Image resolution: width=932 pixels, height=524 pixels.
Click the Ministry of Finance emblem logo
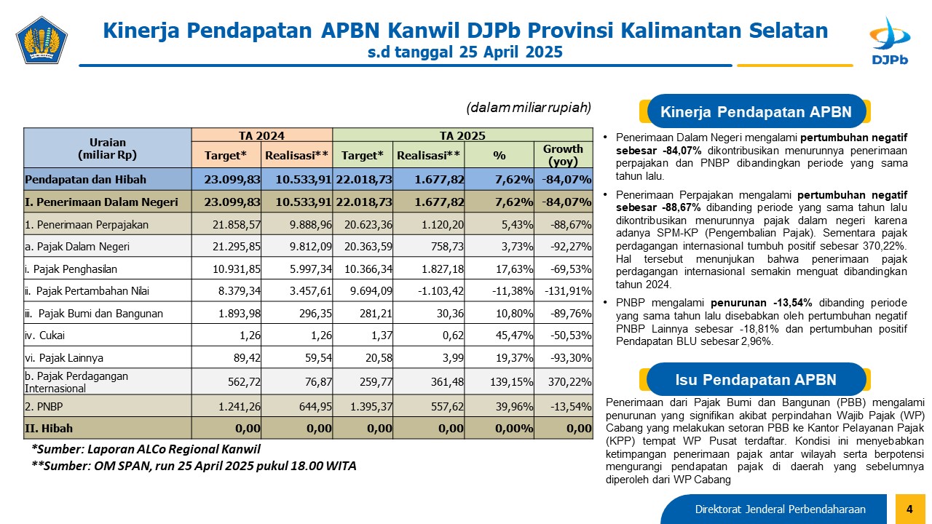pyautogui.click(x=42, y=40)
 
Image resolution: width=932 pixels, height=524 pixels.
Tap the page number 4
pyautogui.click(x=910, y=509)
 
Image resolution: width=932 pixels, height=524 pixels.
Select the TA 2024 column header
pyautogui.click(x=261, y=135)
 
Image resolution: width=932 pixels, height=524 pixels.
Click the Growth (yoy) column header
pyautogui.click(x=563, y=155)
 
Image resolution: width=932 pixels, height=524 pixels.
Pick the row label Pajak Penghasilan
pyautogui.click(x=71, y=269)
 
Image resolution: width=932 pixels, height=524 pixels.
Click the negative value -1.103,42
pyautogui.click(x=441, y=290)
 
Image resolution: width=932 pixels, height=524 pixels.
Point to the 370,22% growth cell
pyautogui.click(x=569, y=382)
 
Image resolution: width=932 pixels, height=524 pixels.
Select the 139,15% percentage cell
pyautogui.click(x=511, y=382)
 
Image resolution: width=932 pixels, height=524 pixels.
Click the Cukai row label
pyautogui.click(x=44, y=336)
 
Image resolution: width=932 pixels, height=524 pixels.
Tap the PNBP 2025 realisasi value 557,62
pyautogui.click(x=447, y=406)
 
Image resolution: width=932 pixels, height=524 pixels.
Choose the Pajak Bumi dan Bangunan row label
pyautogui.click(x=94, y=313)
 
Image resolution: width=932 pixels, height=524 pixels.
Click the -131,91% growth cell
pyautogui.click(x=568, y=290)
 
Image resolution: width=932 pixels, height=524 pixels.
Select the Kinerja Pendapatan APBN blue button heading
pyautogui.click(x=756, y=111)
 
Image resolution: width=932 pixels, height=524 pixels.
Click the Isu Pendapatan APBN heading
pyautogui.click(x=756, y=379)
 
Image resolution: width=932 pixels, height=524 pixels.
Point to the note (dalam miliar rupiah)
pyautogui.click(x=529, y=108)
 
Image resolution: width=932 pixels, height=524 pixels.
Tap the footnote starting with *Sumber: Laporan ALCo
pyautogui.click(x=146, y=449)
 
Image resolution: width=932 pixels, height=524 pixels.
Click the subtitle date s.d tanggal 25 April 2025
pyautogui.click(x=465, y=52)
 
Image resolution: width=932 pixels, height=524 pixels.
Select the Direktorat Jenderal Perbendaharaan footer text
pyautogui.click(x=780, y=509)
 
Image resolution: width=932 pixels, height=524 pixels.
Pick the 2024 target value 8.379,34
pyautogui.click(x=240, y=290)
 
